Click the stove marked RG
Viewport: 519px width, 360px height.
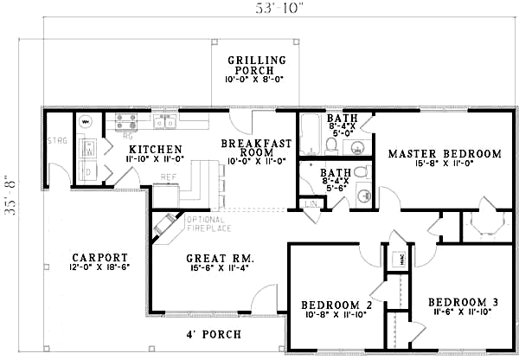(126, 123)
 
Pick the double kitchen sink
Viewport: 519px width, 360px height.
(163, 120)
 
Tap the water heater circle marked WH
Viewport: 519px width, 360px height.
(86, 122)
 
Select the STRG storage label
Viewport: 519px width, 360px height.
(58, 140)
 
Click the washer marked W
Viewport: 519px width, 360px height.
(87, 149)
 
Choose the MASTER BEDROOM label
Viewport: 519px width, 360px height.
(444, 154)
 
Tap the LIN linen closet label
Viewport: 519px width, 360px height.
(311, 203)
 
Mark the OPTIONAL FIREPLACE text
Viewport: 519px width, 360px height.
(208, 225)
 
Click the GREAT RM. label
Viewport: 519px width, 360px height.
(219, 258)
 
